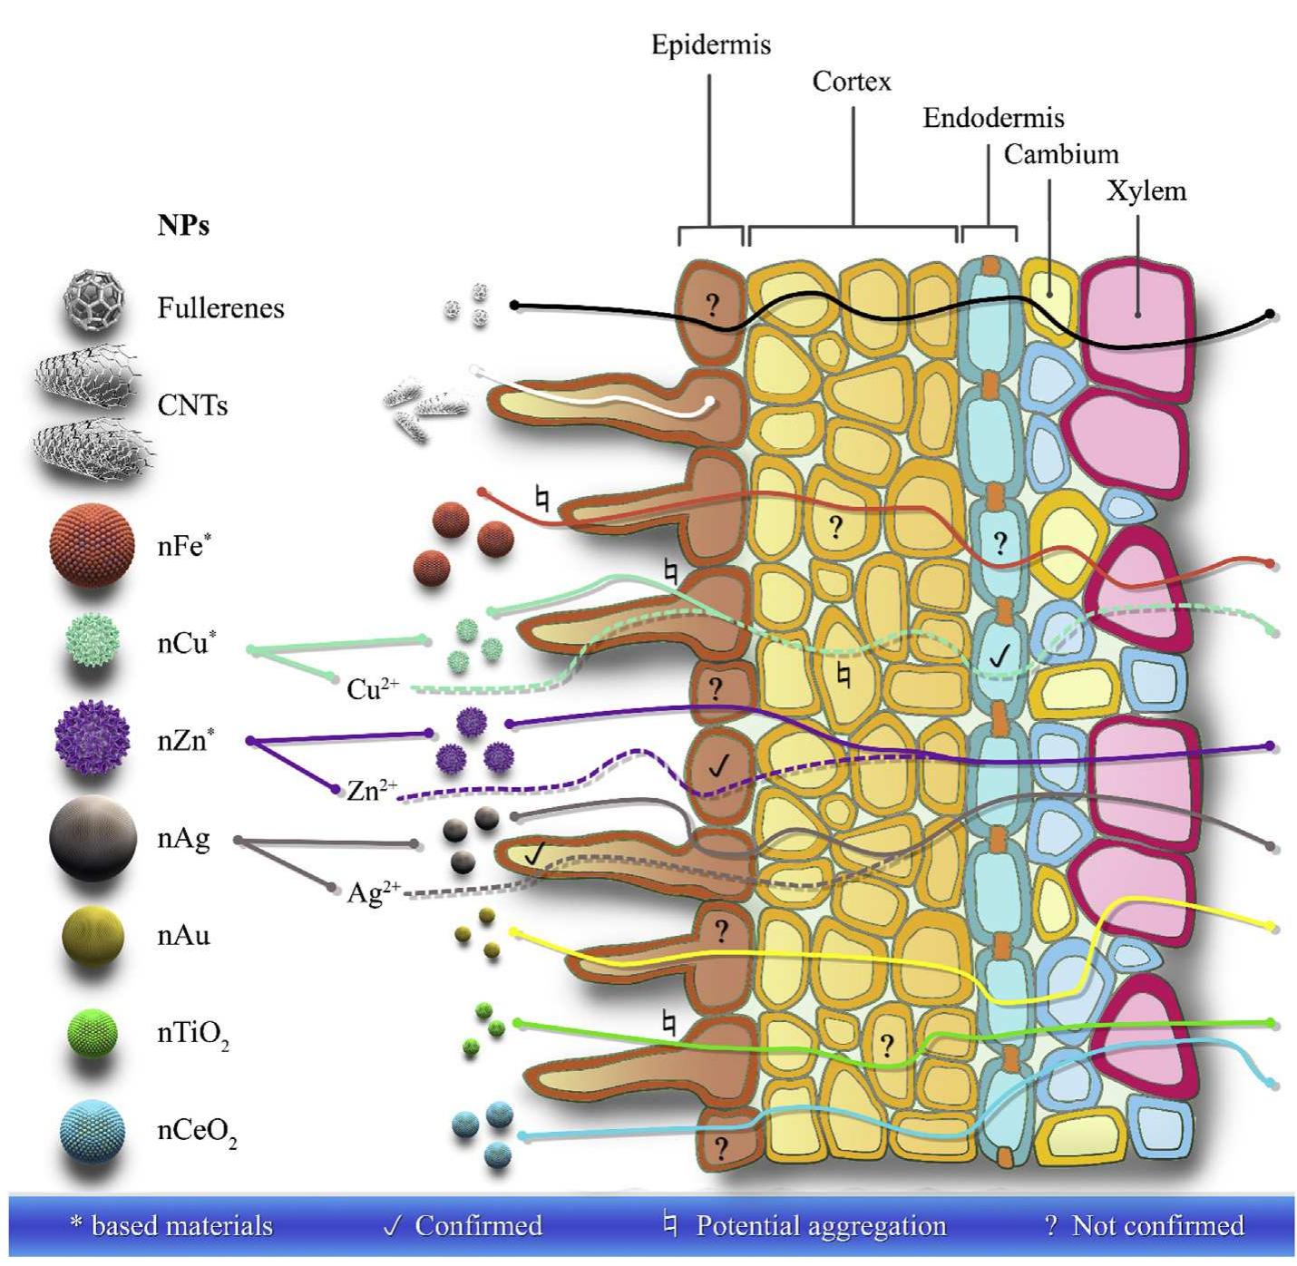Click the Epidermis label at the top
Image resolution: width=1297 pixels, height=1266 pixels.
pos(710,44)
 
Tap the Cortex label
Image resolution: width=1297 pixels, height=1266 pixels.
pos(851,82)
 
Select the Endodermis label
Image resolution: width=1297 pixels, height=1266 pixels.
pos(993,118)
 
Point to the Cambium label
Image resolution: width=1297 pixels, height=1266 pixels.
pos(1060,154)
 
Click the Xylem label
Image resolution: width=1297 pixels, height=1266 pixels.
pos(1146,190)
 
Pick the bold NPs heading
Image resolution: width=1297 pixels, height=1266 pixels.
pos(183,225)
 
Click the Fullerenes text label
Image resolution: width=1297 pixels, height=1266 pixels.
pos(220,308)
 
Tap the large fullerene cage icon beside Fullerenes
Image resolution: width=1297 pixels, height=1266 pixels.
pos(93,300)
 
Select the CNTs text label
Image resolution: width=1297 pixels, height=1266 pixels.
pos(192,404)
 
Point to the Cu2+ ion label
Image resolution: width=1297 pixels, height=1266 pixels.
pos(372,689)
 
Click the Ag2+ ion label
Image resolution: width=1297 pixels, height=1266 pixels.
pos(373,893)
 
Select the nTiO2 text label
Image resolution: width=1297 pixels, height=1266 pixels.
pos(193,1034)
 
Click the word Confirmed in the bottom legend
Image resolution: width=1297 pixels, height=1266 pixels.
pos(478,1226)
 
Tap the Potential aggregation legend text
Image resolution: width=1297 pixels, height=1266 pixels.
pos(820,1226)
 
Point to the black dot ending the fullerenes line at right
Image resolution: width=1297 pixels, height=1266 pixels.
pos(1270,314)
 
